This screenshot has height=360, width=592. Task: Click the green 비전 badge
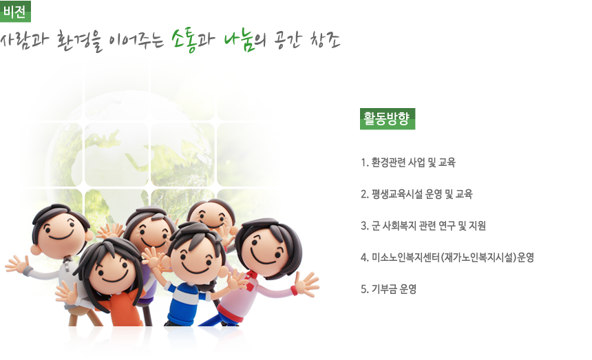click(x=15, y=11)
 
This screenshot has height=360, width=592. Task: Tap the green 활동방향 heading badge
click(x=388, y=119)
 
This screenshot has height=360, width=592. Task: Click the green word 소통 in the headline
click(x=184, y=40)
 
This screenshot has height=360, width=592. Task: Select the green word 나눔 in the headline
click(x=238, y=41)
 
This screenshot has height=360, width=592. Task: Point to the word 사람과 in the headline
click(x=25, y=40)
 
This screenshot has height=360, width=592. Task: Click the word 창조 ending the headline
click(x=326, y=40)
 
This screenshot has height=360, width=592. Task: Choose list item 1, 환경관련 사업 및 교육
click(x=408, y=162)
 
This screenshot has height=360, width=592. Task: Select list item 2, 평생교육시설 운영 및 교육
click(x=416, y=194)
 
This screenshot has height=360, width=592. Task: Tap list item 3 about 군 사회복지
click(x=423, y=226)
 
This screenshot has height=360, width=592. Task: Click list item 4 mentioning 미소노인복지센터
click(x=447, y=257)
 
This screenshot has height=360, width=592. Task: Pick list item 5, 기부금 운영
click(x=388, y=289)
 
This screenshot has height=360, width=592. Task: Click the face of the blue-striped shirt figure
click(x=195, y=259)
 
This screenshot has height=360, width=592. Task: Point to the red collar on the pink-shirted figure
click(x=251, y=279)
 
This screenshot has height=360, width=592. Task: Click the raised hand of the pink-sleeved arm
click(x=306, y=284)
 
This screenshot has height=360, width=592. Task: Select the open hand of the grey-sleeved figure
click(x=17, y=264)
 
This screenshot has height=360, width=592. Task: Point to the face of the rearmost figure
click(x=211, y=215)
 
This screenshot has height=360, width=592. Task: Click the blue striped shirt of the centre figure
click(x=186, y=302)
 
